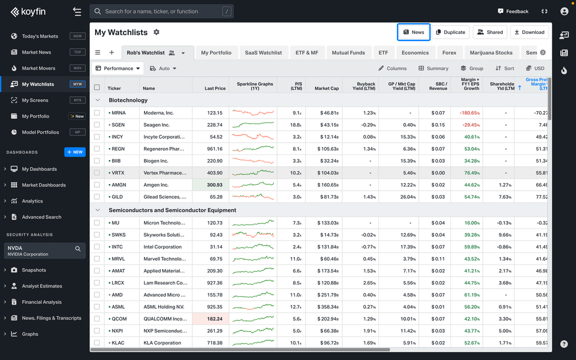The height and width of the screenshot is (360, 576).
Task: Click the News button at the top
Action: (x=414, y=32)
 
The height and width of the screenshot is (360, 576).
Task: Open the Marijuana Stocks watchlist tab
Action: (x=491, y=52)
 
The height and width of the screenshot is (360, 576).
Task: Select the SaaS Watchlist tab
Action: (x=263, y=52)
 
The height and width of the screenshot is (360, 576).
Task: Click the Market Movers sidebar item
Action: (x=39, y=68)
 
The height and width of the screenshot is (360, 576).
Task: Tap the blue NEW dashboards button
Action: (x=75, y=152)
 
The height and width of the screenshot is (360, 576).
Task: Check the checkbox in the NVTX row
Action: (x=97, y=173)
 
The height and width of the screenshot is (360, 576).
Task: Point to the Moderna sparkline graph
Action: (x=253, y=113)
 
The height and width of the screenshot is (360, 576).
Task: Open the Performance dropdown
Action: (x=118, y=68)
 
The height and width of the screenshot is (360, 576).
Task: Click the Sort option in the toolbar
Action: (x=505, y=68)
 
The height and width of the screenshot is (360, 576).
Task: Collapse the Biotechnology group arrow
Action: (x=97, y=100)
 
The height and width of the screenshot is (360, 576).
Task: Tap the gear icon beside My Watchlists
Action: (x=156, y=32)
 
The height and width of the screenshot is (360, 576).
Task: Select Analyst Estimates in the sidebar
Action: (x=41, y=286)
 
